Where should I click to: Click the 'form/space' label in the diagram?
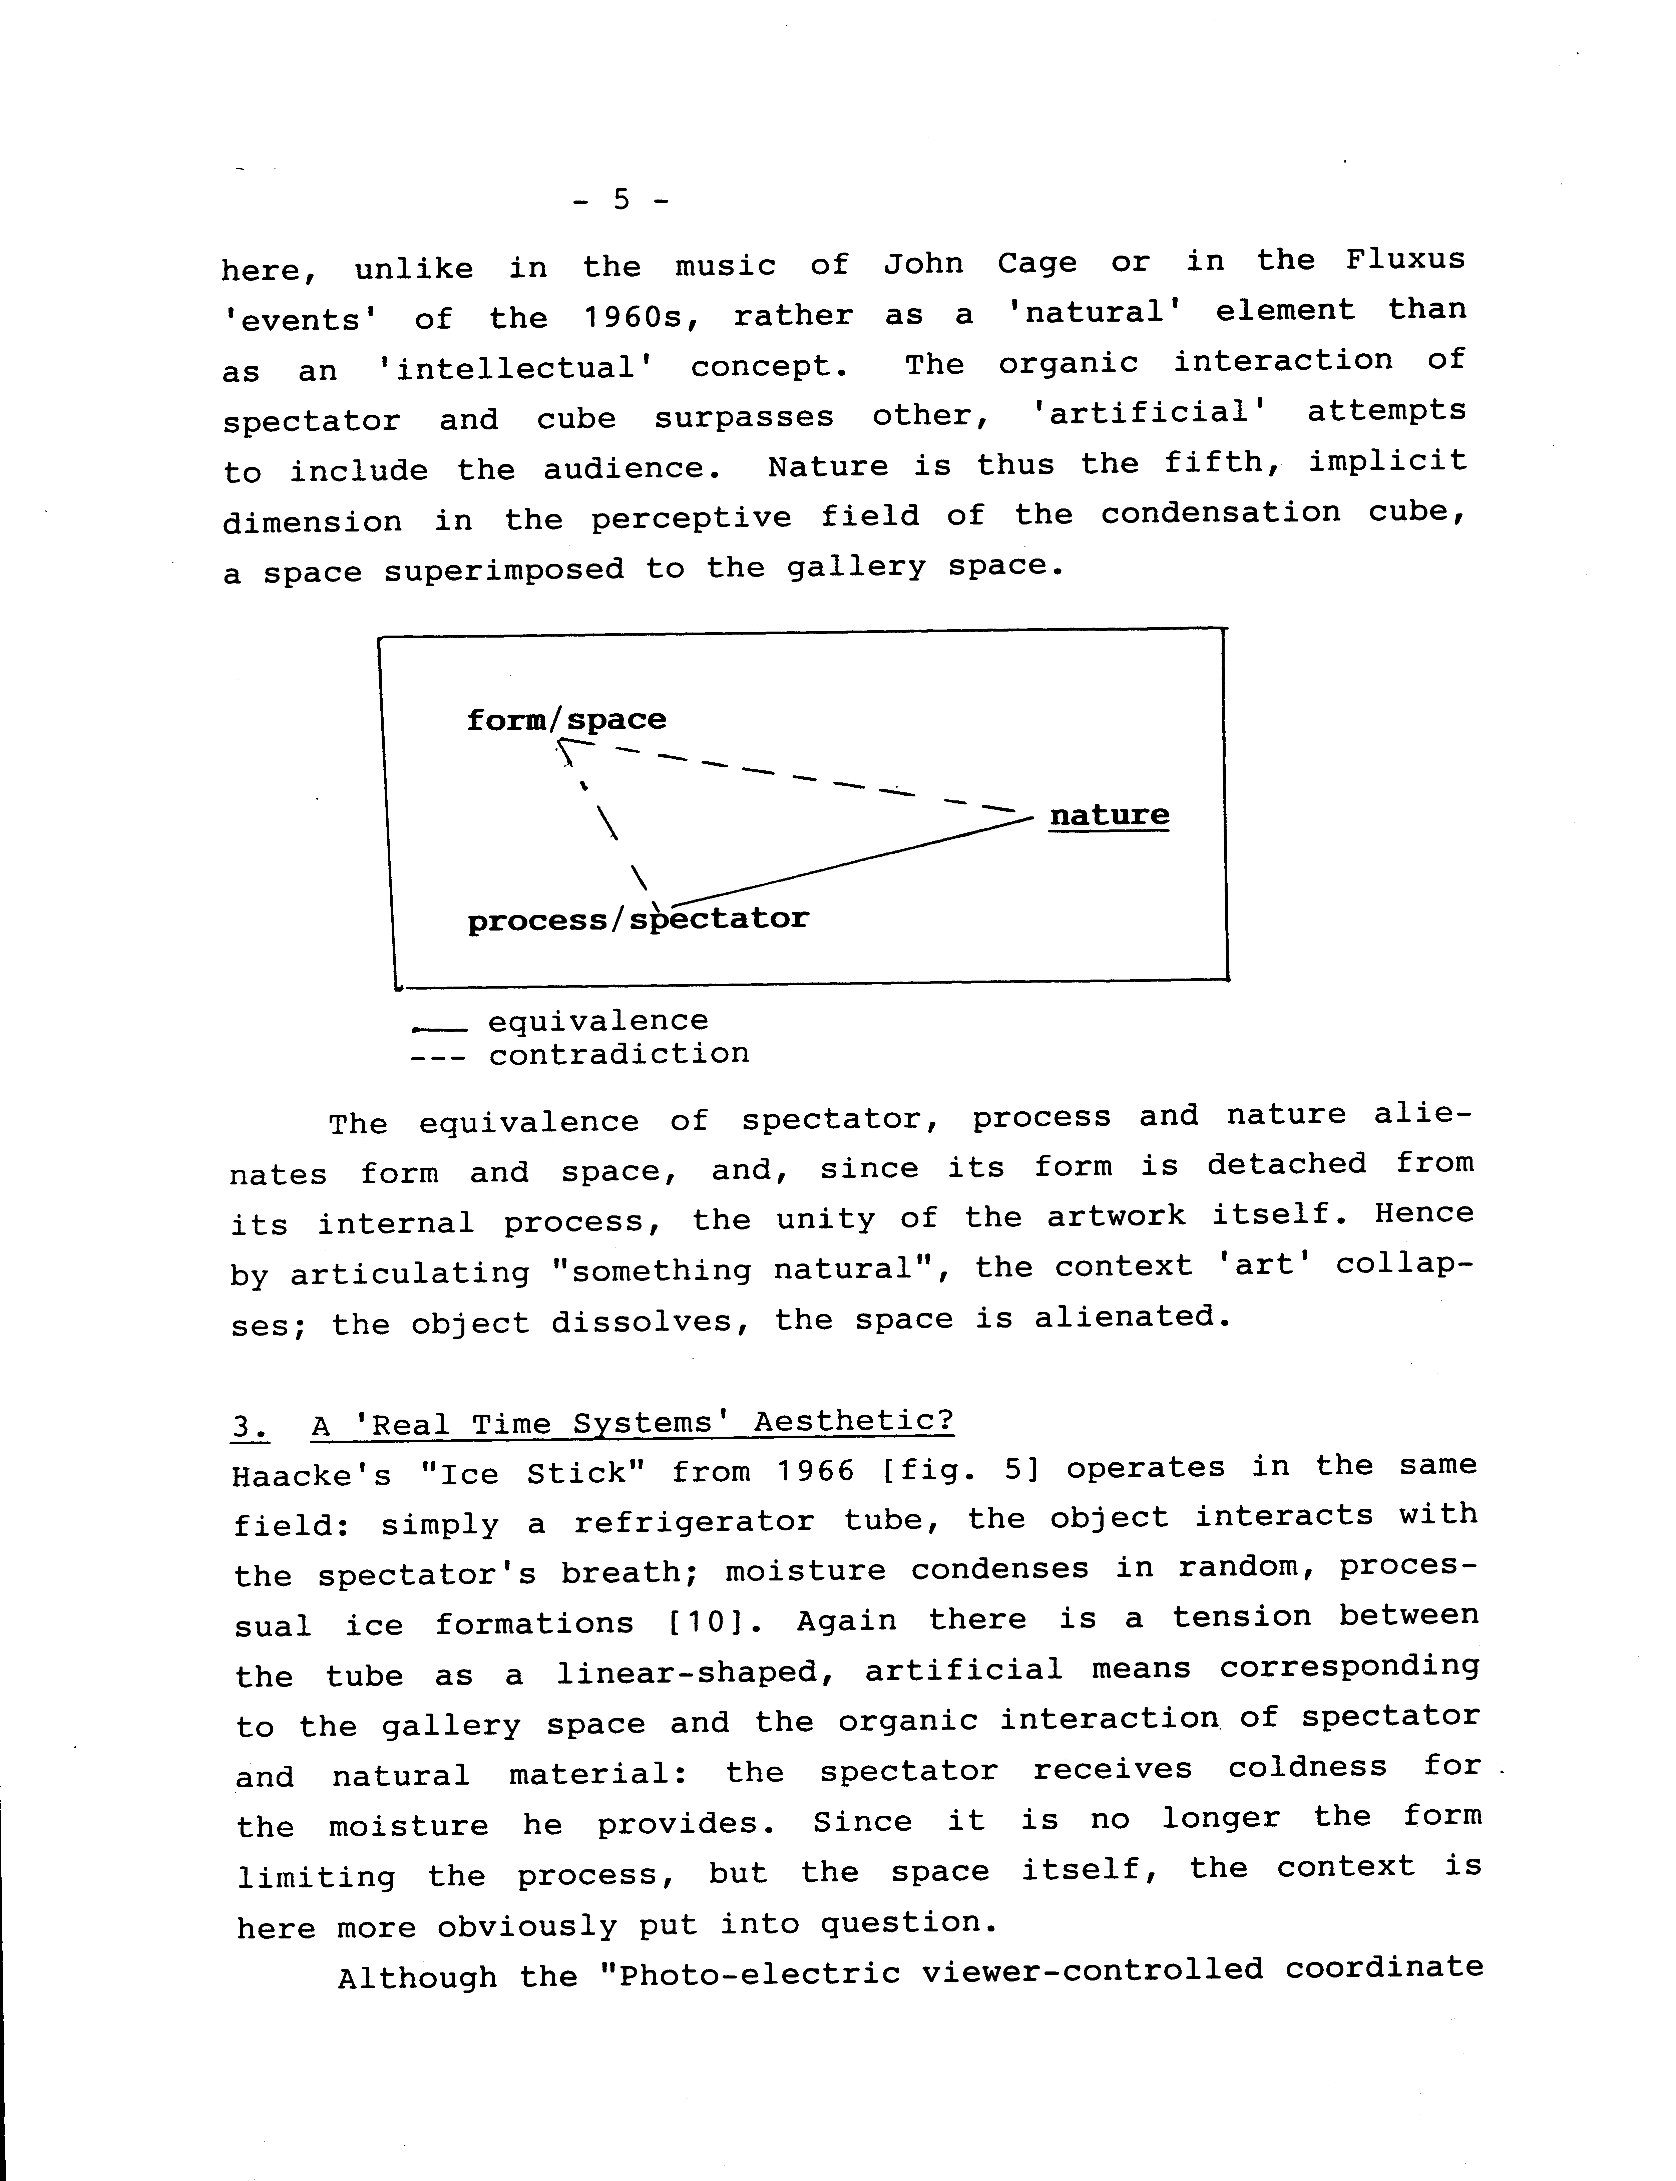pos(566,719)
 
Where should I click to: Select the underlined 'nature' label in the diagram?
pos(1108,815)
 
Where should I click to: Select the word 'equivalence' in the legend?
pos(597,1021)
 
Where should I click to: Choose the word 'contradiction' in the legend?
pos(618,1054)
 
